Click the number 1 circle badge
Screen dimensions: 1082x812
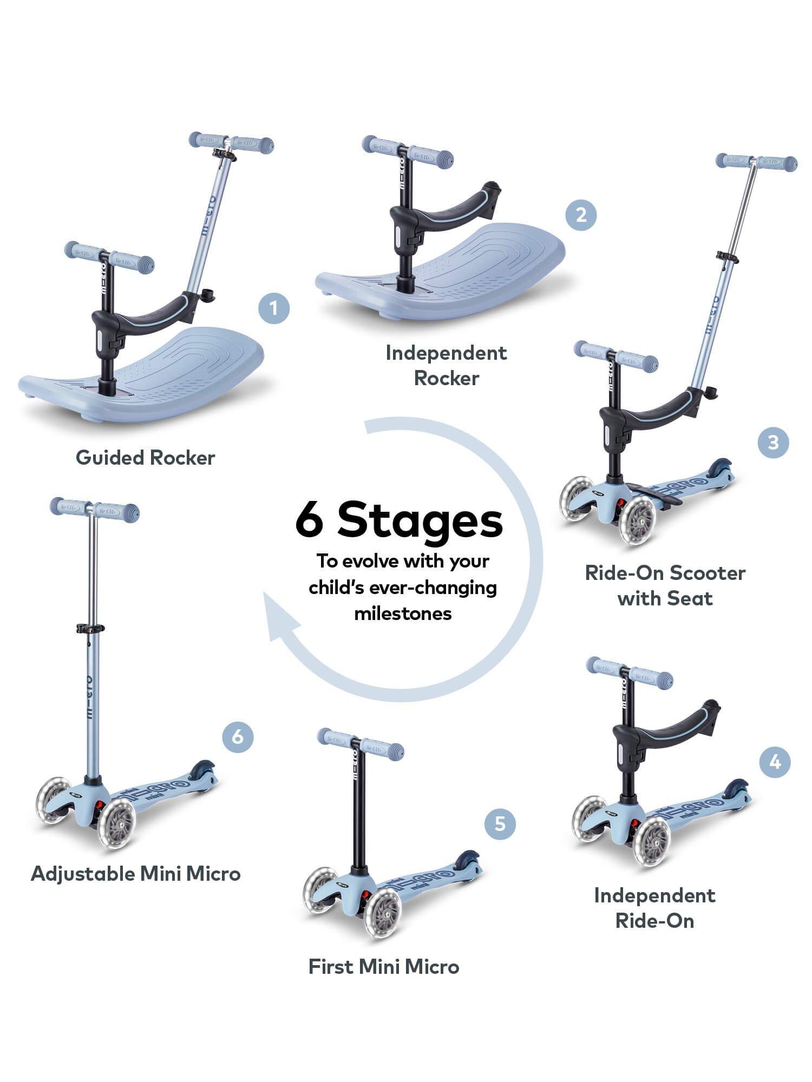tap(273, 308)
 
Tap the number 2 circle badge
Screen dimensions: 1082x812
tap(581, 215)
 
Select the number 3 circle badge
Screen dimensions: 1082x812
tap(773, 443)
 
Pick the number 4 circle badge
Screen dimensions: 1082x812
tap(775, 762)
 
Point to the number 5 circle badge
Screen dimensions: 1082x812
tap(500, 824)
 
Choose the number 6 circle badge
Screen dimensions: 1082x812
tap(238, 737)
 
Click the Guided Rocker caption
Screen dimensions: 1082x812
tap(145, 458)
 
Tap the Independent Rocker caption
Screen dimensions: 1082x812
tap(446, 365)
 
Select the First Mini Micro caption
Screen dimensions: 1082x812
tap(383, 966)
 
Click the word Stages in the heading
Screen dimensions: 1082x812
tap(420, 520)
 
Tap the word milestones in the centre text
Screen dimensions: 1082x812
tap(403, 613)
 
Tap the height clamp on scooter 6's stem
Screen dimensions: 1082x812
tap(90, 629)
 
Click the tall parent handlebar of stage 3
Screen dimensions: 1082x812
tap(756, 161)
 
